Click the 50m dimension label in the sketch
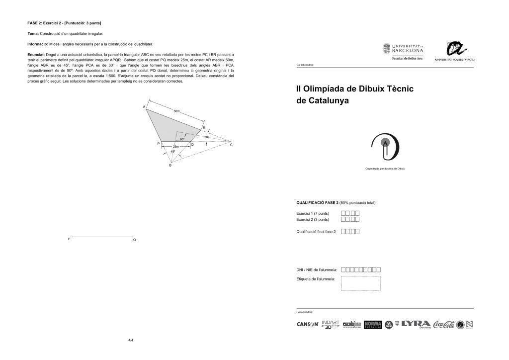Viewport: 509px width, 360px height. [x=176, y=111]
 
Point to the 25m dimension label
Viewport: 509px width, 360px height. [x=175, y=147]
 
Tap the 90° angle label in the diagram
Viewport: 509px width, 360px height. [x=182, y=139]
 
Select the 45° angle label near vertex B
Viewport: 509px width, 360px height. [x=172, y=151]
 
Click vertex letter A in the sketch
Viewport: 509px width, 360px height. [x=144, y=107]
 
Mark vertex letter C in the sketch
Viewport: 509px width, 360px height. [x=231, y=145]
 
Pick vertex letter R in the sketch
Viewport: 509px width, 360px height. [x=204, y=128]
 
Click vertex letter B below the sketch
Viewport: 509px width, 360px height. [x=170, y=165]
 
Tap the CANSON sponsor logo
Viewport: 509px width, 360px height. [x=307, y=324]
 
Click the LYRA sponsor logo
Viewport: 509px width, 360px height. [x=416, y=324]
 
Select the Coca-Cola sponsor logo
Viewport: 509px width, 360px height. [x=443, y=324]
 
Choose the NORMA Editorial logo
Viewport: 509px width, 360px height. [x=372, y=324]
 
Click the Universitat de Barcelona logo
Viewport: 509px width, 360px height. [x=403, y=49]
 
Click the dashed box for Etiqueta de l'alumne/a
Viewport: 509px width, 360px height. [x=361, y=283]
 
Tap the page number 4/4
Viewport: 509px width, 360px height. [x=131, y=340]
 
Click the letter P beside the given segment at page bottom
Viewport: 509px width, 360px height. [x=69, y=240]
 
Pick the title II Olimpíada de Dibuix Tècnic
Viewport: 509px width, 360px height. [x=355, y=89]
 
